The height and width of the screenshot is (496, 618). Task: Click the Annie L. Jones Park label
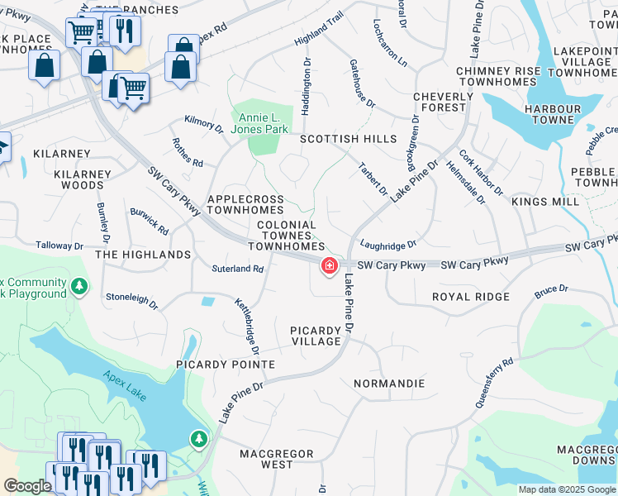point(259,123)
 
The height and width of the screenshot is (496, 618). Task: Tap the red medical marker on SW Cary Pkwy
point(329,266)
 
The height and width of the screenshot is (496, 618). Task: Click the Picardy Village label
point(316,336)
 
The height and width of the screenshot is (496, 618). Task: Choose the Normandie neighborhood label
point(388,384)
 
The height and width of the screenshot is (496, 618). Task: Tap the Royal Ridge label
point(470,296)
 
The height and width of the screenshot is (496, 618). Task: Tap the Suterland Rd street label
point(237,269)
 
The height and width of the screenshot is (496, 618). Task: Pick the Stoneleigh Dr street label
point(131,296)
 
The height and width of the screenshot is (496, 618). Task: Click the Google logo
point(27,486)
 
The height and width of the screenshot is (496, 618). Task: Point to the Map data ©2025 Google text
point(566,489)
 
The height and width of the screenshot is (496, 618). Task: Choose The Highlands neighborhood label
point(143,255)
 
